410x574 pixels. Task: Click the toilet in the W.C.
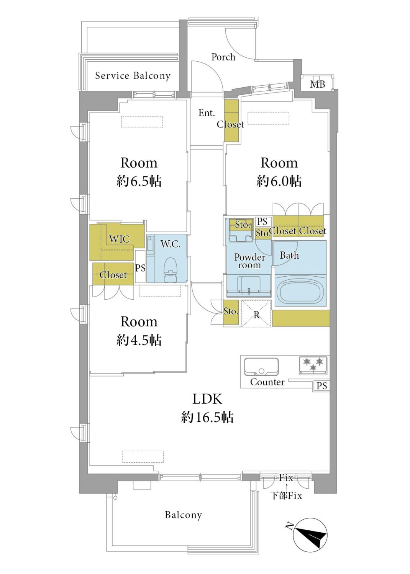tap(170, 269)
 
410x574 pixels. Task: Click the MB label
tap(317, 84)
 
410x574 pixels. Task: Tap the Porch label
tap(223, 57)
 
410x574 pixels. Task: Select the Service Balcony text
tap(133, 76)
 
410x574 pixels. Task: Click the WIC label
tap(119, 239)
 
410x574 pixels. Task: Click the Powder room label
tap(249, 261)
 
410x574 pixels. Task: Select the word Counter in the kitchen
tap(267, 382)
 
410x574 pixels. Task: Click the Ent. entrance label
tap(207, 113)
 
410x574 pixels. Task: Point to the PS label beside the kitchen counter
tap(321, 386)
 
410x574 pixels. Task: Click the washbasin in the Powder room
tap(249, 286)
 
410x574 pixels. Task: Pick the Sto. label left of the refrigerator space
tap(230, 311)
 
